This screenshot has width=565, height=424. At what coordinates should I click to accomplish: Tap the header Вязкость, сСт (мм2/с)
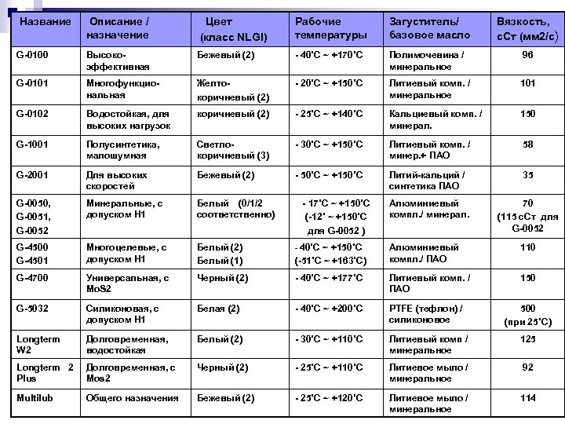(527, 29)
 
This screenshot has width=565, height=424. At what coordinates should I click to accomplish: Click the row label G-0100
(32, 55)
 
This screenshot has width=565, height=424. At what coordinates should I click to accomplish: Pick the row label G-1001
(32, 144)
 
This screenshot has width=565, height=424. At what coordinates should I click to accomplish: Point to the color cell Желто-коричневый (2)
(232, 91)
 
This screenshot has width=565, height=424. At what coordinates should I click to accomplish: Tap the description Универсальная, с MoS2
(126, 283)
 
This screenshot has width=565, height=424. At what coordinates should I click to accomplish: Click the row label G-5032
(32, 309)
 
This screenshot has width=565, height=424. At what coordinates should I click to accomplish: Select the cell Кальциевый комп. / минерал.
(435, 119)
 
